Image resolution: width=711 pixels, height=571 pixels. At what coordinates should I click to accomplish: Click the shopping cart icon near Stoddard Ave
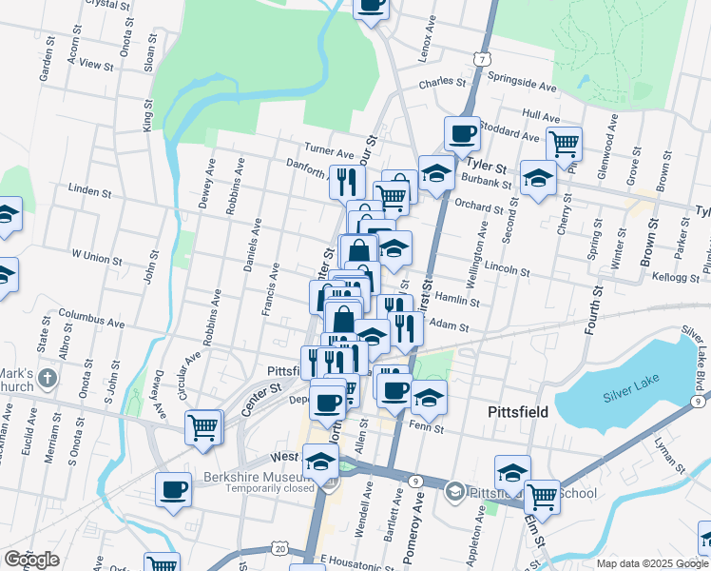tap(565, 145)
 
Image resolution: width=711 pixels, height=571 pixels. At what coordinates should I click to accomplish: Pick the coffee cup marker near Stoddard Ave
tap(462, 133)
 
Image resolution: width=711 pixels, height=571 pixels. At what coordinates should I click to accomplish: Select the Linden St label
tap(91, 191)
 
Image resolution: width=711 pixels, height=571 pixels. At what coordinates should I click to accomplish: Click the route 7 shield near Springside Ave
tap(485, 59)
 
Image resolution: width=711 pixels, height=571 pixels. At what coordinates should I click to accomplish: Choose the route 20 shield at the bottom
tap(279, 549)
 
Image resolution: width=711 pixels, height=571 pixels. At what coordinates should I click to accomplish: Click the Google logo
tap(31, 559)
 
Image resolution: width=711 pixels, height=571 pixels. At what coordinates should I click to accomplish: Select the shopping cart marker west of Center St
tap(204, 427)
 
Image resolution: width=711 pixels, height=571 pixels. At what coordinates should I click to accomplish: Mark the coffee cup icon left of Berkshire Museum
tap(174, 489)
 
